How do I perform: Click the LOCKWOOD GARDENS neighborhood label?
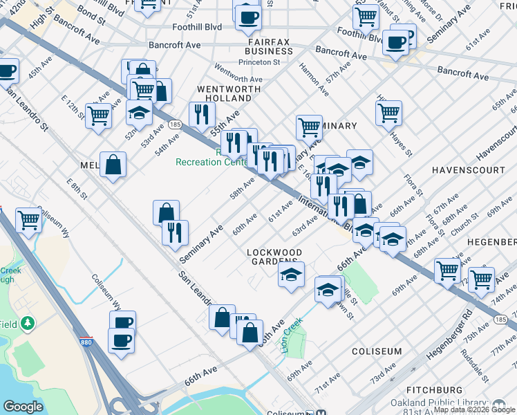(274, 257)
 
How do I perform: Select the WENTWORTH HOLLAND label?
(229, 94)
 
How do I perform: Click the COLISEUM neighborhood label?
(377, 351)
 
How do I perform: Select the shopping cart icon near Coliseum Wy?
(28, 221)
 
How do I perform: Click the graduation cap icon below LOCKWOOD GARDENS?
(291, 273)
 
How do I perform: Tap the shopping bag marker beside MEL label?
(113, 165)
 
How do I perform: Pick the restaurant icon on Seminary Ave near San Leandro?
(176, 232)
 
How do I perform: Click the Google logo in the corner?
(23, 407)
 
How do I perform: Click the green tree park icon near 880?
(28, 323)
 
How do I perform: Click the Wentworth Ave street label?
(239, 72)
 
